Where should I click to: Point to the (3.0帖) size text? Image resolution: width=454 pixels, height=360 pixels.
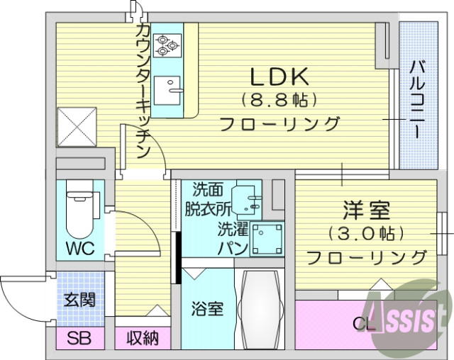point(367,233)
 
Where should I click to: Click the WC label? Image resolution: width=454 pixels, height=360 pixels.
point(79,250)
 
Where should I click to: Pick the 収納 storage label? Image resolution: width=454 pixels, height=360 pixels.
point(143,339)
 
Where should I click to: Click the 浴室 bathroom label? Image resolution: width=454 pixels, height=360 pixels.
point(207,309)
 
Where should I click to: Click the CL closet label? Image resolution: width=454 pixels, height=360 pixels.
point(364,325)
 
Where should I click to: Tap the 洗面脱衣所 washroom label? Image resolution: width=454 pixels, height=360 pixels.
point(208,199)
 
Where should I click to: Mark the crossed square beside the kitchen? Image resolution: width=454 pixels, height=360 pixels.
point(75,127)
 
